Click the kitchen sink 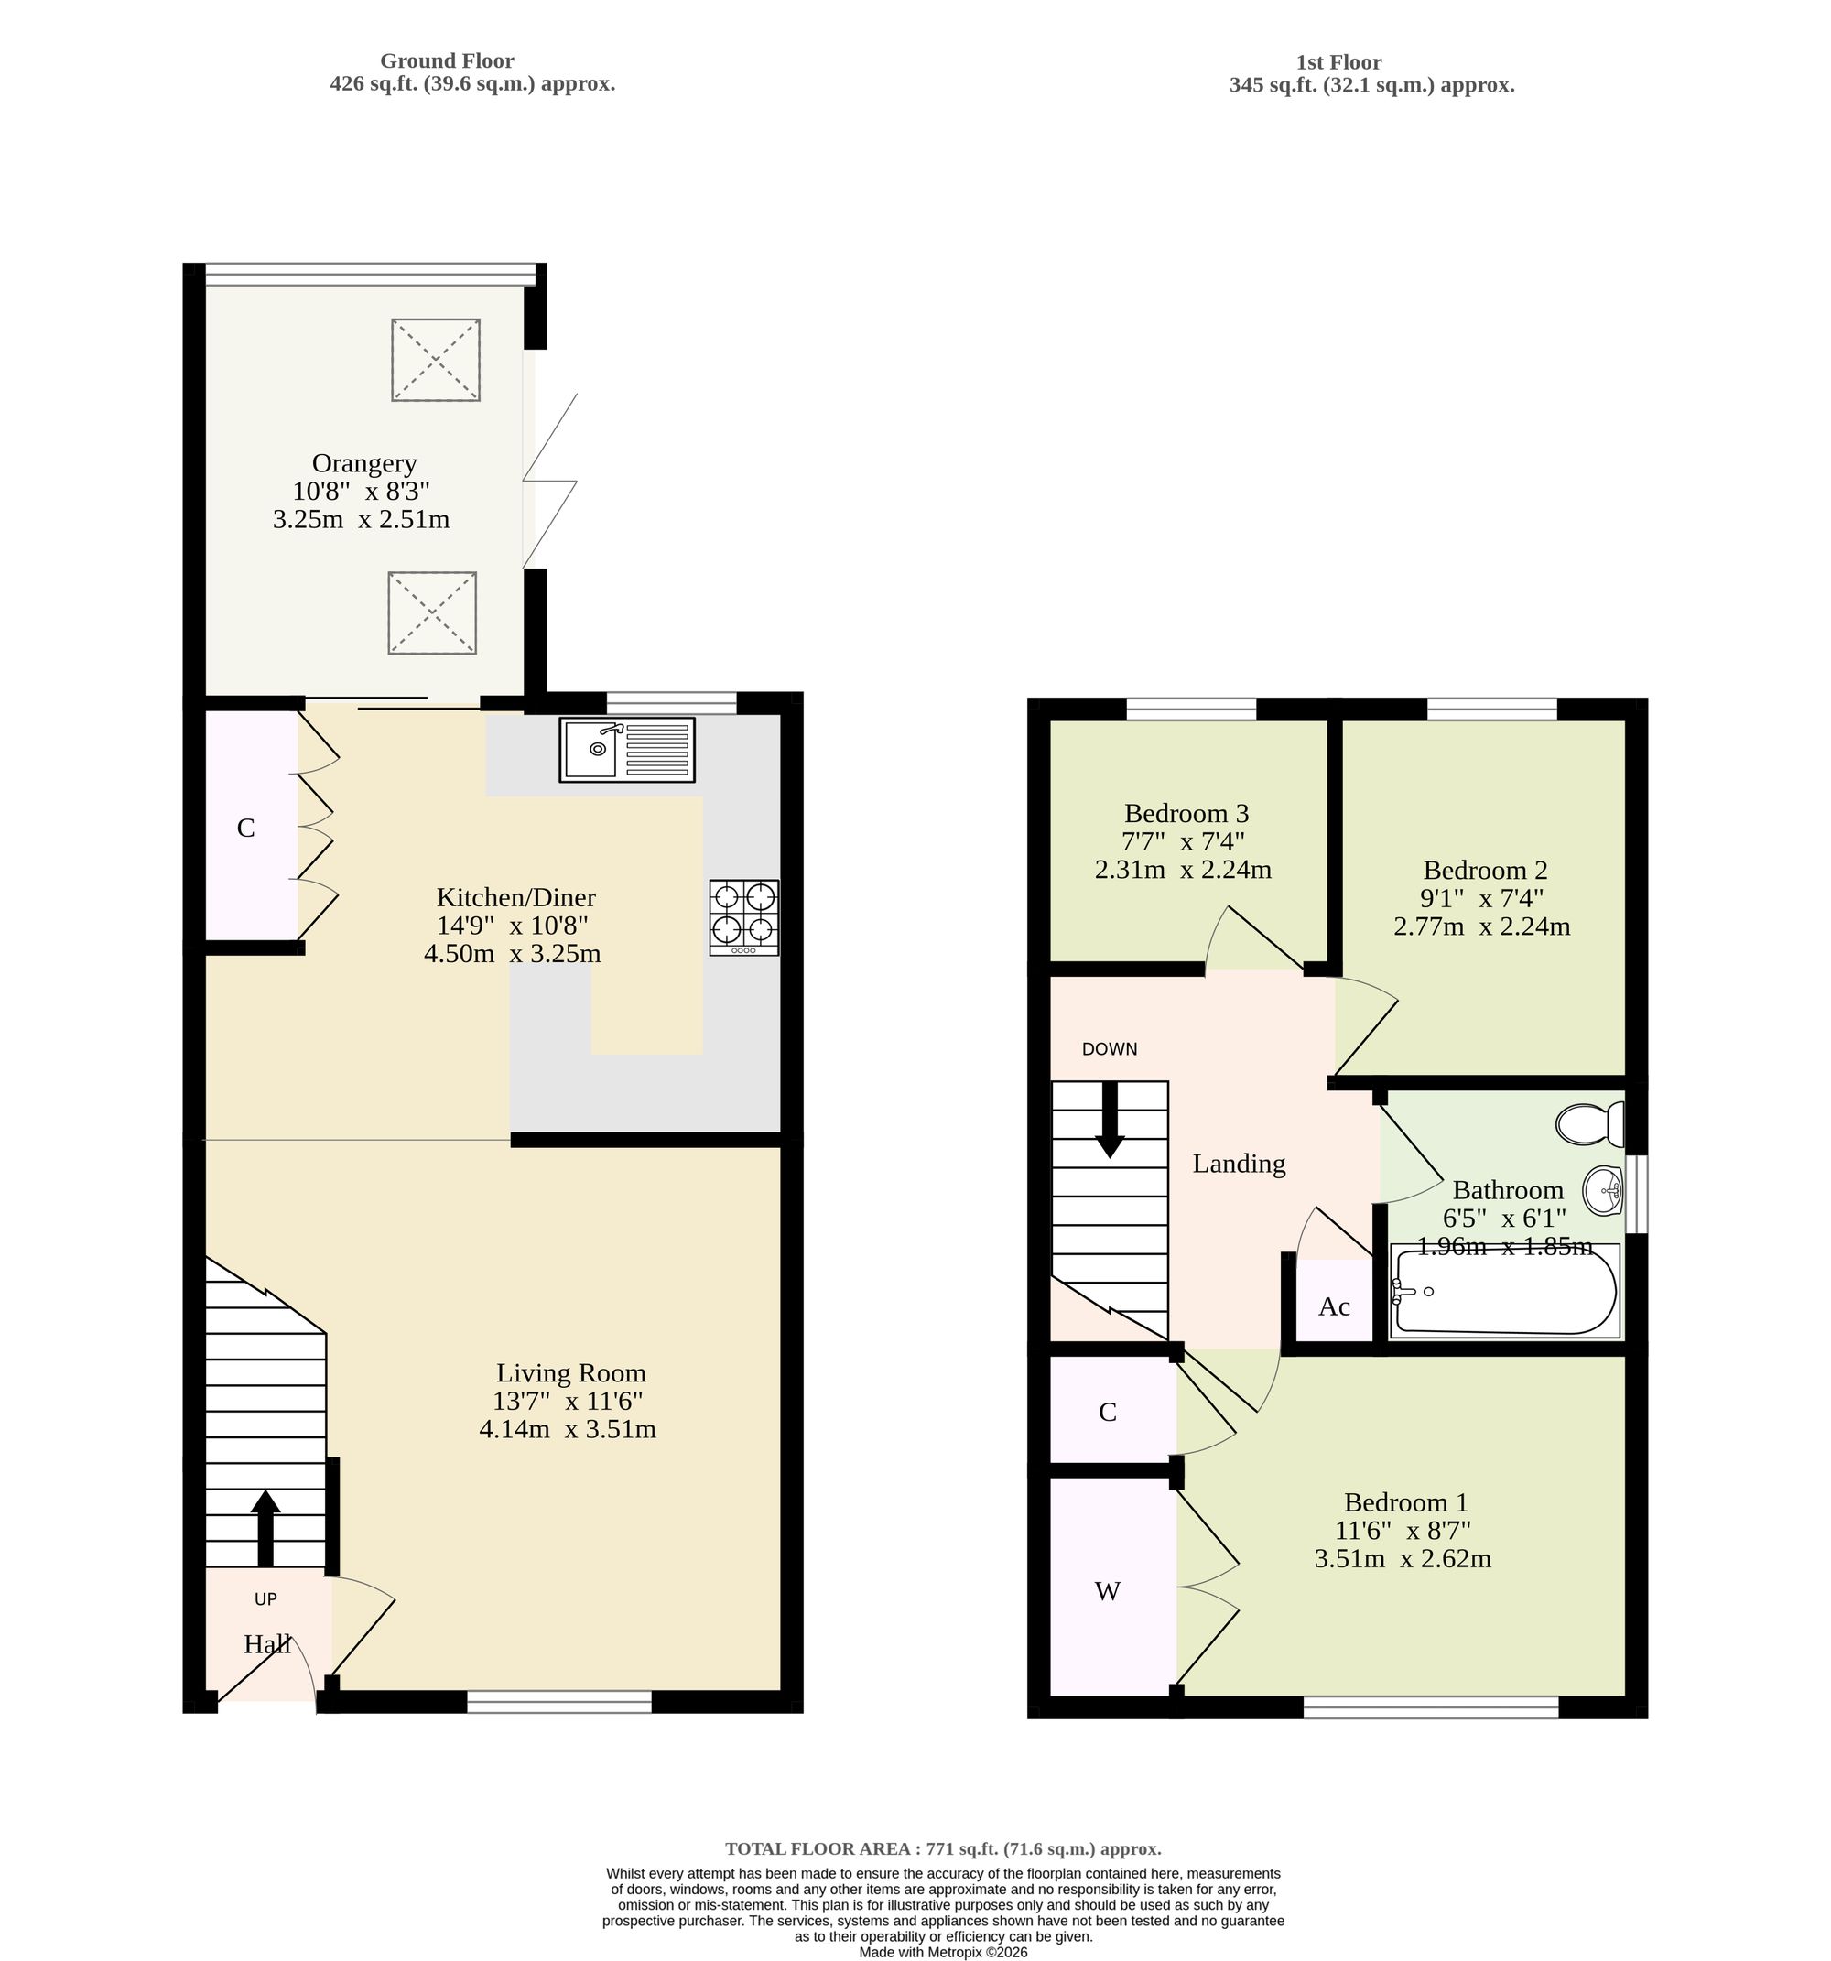tap(626, 750)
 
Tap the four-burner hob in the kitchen tap(743, 917)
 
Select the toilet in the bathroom tap(1590, 1123)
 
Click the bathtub tap(1504, 1291)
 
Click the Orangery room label tap(364, 463)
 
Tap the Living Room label tap(570, 1373)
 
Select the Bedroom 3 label tap(1186, 814)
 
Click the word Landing tap(1239, 1165)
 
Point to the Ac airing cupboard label tap(1334, 1307)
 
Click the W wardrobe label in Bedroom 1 tap(1108, 1591)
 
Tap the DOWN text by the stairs tap(1110, 1049)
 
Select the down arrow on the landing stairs tap(1110, 1120)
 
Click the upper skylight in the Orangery tap(435, 360)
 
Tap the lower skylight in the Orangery tap(432, 612)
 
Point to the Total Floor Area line tap(943, 1849)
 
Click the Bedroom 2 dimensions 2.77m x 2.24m tap(1482, 927)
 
